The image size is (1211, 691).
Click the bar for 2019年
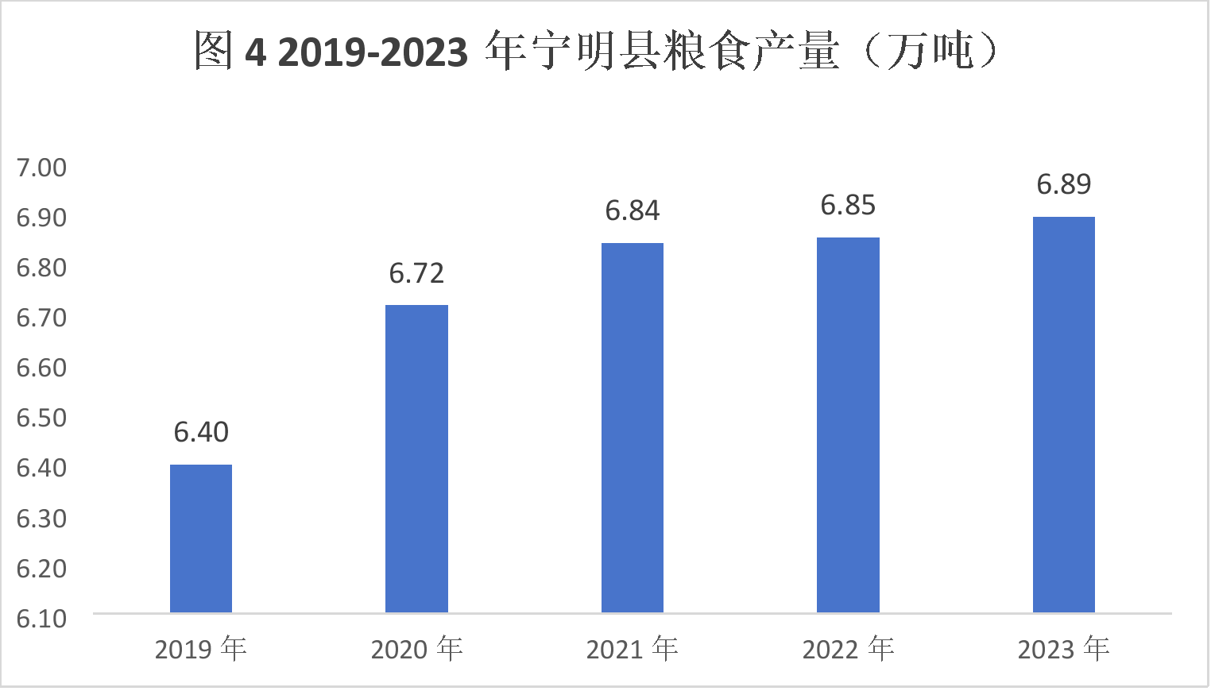point(201,539)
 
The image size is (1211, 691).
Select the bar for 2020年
point(416,458)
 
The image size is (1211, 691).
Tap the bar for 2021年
point(633,427)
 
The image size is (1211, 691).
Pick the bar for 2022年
point(848,425)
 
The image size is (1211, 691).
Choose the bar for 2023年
point(1063,415)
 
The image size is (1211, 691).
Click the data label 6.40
point(201,432)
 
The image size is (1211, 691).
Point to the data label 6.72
point(416,273)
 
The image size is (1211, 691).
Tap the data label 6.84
point(633,210)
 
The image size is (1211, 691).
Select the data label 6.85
point(848,205)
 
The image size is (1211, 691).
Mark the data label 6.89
point(1063,184)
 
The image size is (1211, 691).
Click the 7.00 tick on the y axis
point(41,168)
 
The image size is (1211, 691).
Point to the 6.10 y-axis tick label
point(41,618)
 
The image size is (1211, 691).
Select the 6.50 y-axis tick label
point(41,418)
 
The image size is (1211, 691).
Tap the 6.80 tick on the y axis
point(41,268)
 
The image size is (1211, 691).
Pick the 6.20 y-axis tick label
point(41,568)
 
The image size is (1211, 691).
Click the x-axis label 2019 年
point(201,649)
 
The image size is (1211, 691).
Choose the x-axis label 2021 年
point(633,649)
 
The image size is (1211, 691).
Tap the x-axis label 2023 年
point(1063,649)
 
